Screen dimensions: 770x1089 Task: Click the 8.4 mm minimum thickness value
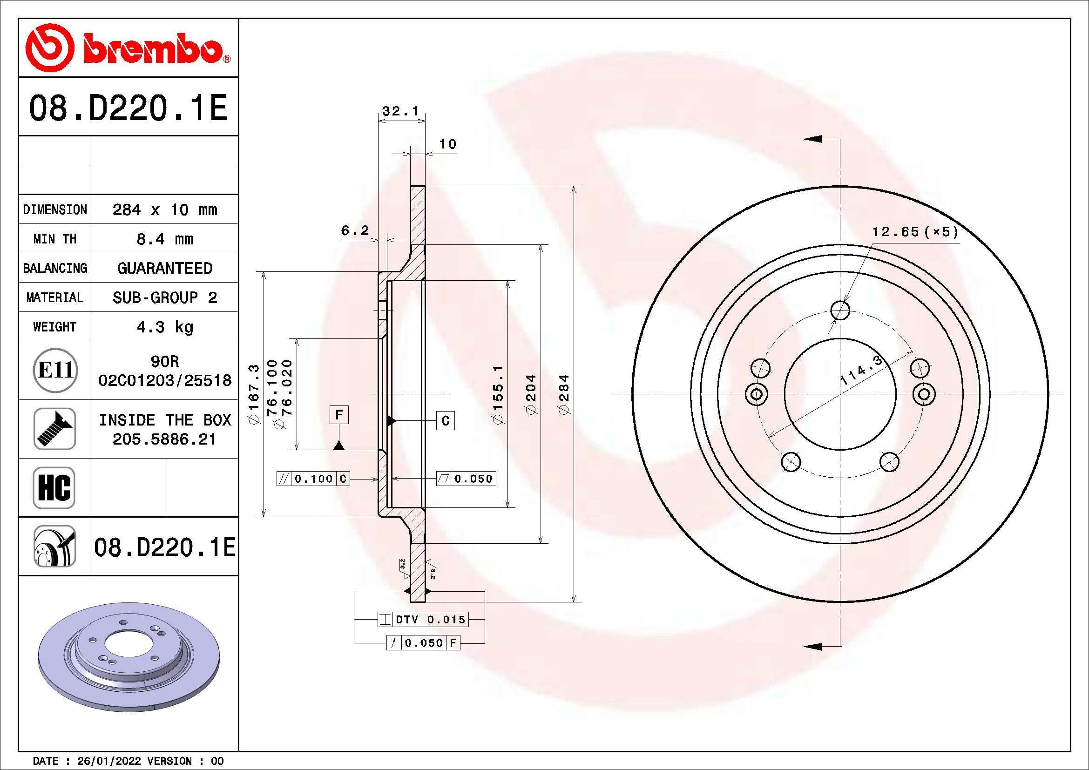click(x=164, y=239)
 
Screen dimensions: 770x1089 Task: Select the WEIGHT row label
click(x=54, y=327)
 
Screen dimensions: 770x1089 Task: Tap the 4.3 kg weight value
click(x=164, y=327)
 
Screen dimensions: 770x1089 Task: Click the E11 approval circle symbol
click(x=55, y=370)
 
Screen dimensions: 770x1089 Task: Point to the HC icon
click(x=54, y=487)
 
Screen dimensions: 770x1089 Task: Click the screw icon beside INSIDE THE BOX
click(x=54, y=429)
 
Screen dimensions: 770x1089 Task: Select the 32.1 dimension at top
click(x=400, y=111)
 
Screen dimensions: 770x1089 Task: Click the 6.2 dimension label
click(x=355, y=230)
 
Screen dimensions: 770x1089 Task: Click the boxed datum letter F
click(x=338, y=415)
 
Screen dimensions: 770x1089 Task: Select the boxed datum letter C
click(x=445, y=420)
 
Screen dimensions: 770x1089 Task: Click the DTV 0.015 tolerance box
click(x=423, y=619)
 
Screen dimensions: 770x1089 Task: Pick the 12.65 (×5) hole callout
click(x=915, y=232)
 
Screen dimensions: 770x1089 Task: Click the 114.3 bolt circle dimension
click(x=860, y=370)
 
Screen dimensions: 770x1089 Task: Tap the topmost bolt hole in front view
click(x=840, y=311)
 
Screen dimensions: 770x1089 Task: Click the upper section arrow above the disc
click(x=813, y=139)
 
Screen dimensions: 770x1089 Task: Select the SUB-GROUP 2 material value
click(x=164, y=297)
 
